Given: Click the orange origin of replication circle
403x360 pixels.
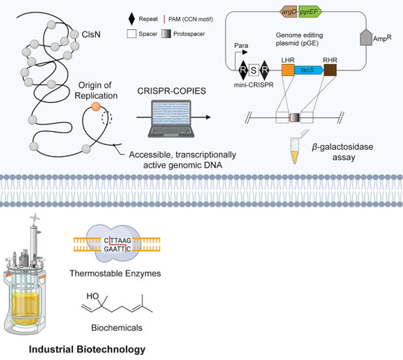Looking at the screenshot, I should tap(95, 106).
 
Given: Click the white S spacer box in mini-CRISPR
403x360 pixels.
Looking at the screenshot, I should tap(254, 70).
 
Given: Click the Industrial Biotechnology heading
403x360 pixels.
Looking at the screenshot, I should tap(87, 349).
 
